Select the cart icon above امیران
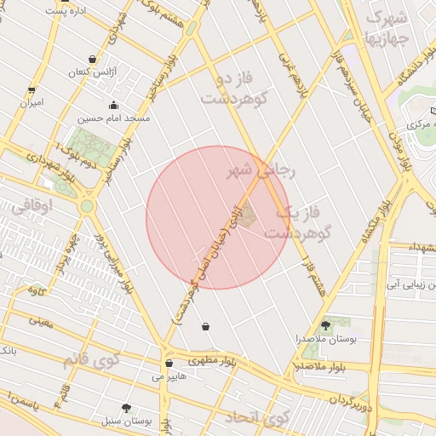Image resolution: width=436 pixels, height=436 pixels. [32, 89]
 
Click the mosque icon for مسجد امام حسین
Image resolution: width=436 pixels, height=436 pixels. [113, 106]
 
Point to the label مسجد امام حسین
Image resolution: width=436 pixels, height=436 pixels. [113, 118]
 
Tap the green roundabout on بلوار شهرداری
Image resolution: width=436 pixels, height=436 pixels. [87, 205]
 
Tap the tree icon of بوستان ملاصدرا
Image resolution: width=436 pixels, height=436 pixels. [325, 324]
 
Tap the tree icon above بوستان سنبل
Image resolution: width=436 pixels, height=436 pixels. [127, 409]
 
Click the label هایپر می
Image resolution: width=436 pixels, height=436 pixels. [169, 376]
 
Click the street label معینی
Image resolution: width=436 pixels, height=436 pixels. [40, 322]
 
